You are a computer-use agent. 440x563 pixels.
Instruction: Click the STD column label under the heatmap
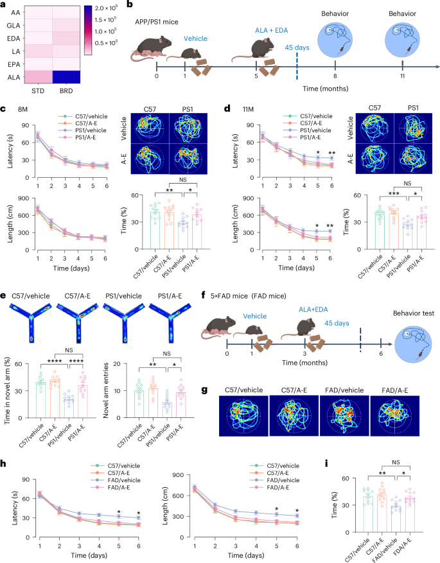37,91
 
